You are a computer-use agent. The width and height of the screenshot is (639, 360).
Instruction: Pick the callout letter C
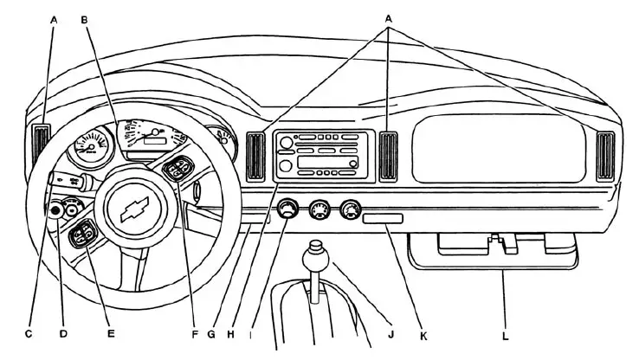[29, 332]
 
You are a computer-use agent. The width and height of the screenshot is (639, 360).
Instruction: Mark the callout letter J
[390, 332]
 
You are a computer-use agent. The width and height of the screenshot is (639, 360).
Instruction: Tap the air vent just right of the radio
[388, 156]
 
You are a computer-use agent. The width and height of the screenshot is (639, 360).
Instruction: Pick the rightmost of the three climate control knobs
[351, 210]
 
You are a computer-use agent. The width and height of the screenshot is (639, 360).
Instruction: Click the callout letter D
[61, 332]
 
